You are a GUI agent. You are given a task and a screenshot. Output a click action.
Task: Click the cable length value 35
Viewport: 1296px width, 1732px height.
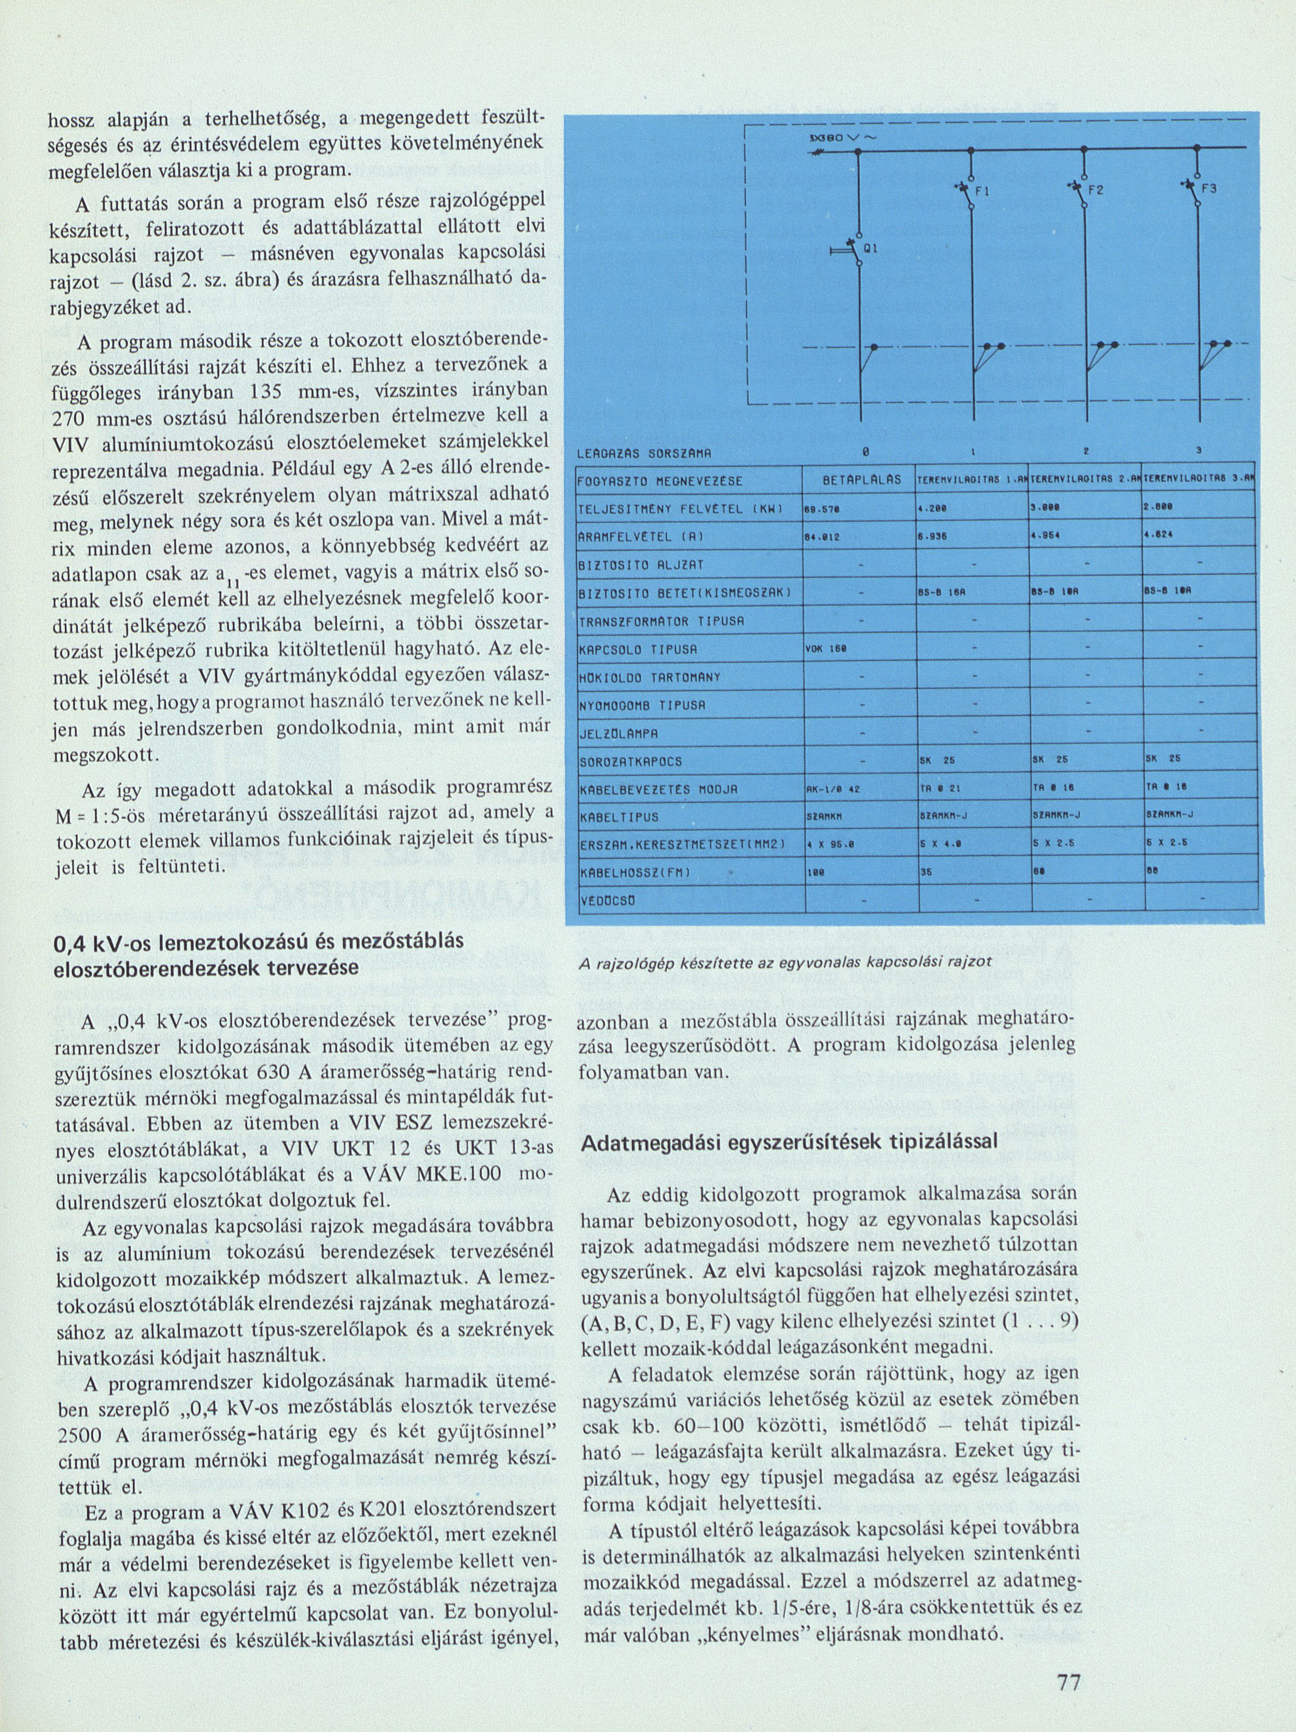pos(925,873)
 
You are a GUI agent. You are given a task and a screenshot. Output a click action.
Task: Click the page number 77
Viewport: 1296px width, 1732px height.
pos(1069,1677)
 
